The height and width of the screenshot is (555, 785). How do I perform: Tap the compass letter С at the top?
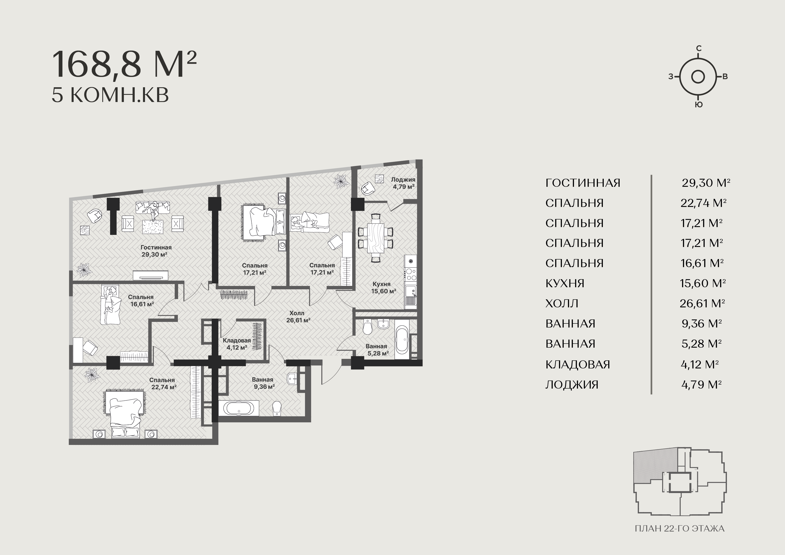pyautogui.click(x=699, y=49)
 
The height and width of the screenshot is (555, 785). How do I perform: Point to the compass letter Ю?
pyautogui.click(x=699, y=105)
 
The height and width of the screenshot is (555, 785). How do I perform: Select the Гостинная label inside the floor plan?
pyautogui.click(x=156, y=247)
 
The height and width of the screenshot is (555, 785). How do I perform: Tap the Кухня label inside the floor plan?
pyautogui.click(x=381, y=284)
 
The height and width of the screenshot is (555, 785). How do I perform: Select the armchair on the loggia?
pyautogui.click(x=367, y=188)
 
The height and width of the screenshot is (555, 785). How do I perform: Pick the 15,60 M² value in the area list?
pyautogui.click(x=703, y=283)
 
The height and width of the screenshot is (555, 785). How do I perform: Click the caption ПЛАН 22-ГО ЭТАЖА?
pyautogui.click(x=680, y=529)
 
